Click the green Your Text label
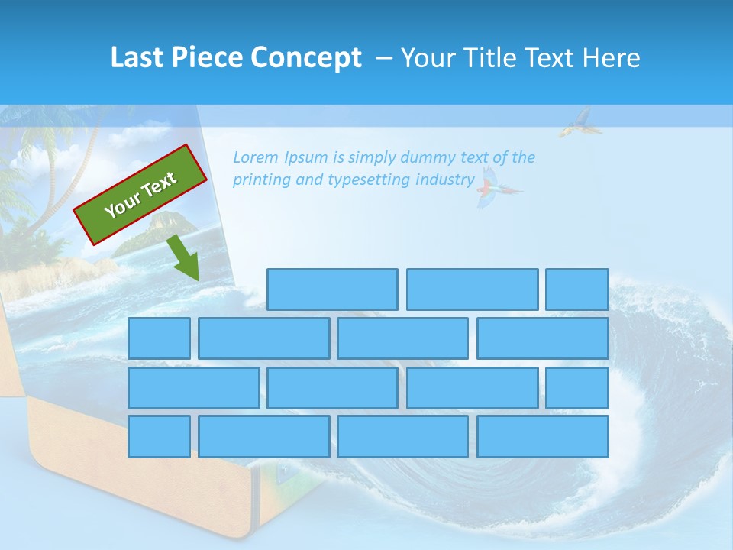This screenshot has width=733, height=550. (140, 194)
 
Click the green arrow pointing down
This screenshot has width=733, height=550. (182, 258)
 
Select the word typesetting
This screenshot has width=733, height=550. (369, 180)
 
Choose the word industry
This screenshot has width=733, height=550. (444, 180)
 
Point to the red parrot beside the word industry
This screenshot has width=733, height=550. (492, 188)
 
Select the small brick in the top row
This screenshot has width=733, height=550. (576, 290)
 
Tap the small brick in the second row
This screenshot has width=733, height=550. (159, 338)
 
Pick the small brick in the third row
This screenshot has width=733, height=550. (576, 387)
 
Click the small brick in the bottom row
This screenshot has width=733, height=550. (159, 437)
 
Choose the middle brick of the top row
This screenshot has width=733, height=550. (472, 290)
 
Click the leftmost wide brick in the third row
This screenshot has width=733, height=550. (193, 387)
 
